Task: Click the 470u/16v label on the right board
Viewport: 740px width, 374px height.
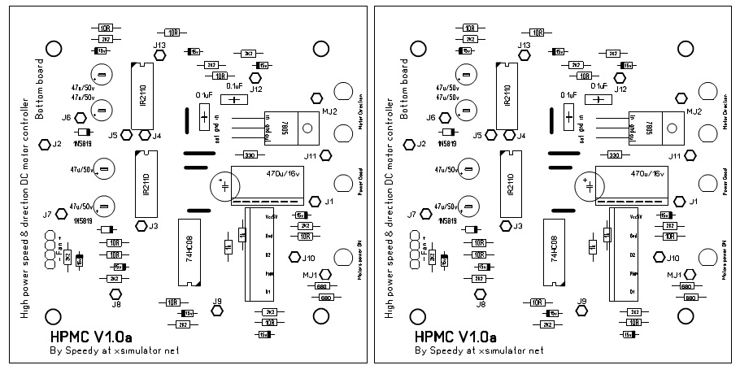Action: point(646,173)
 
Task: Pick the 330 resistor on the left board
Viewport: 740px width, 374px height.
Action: point(250,154)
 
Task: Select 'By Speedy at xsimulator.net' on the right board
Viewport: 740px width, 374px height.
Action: point(478,352)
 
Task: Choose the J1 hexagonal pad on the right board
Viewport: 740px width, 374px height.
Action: point(680,201)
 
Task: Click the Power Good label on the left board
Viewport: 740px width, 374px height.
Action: point(359,182)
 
